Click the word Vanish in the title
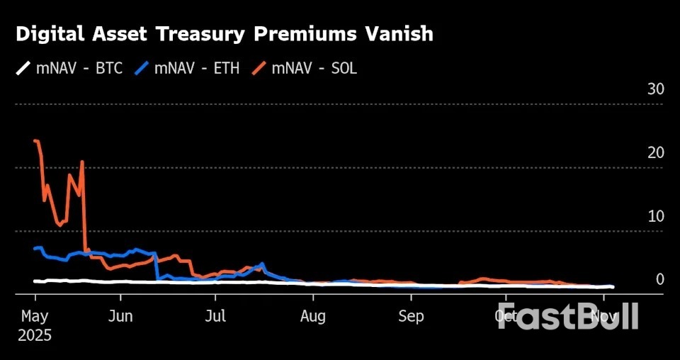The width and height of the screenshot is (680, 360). point(401,34)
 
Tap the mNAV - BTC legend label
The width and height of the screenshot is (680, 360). point(79,68)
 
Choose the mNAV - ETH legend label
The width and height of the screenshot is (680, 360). point(196,68)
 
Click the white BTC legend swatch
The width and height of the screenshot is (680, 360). point(23,68)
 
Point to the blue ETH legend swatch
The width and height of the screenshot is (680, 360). point(141,68)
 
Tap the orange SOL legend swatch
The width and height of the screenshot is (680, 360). point(258,68)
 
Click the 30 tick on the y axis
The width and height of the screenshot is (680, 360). point(655,89)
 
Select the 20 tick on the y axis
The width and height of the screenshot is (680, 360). point(655,152)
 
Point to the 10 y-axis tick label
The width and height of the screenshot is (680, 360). point(655,215)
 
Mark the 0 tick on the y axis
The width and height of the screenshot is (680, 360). point(659,279)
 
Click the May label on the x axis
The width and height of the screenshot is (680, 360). point(34,316)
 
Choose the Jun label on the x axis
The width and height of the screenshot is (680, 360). point(121,316)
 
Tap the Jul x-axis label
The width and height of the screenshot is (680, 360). point(216,316)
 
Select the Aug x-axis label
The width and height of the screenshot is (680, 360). point(312,316)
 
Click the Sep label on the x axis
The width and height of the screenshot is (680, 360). point(410,316)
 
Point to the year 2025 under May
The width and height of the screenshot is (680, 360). point(35,334)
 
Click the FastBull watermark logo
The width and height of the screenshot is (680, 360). point(567,316)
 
